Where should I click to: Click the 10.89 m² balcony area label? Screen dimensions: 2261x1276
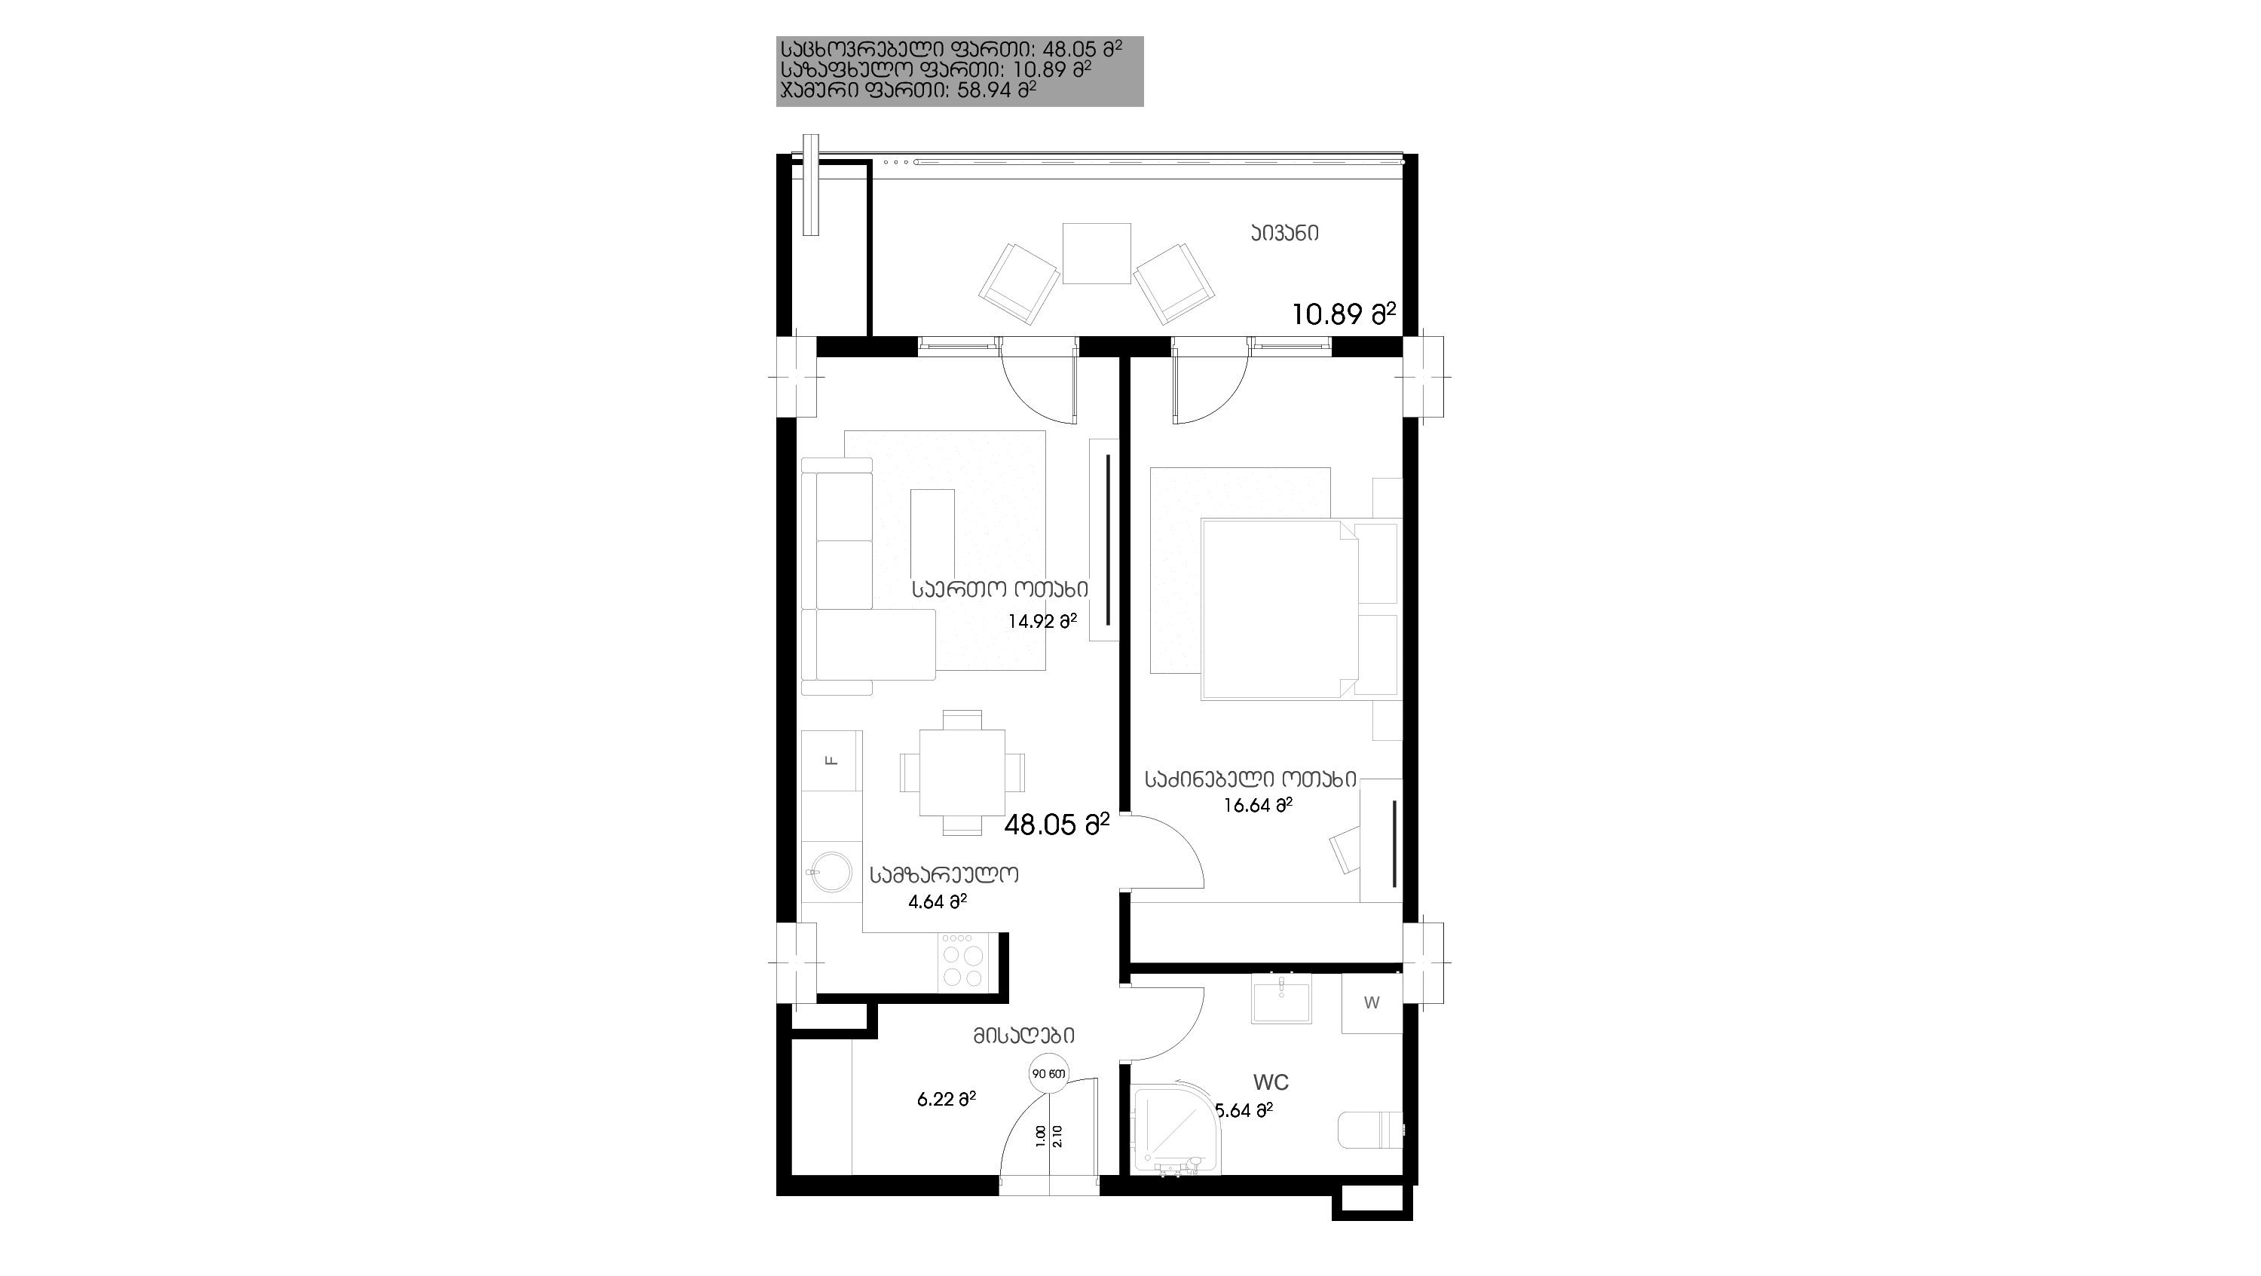click(x=1344, y=314)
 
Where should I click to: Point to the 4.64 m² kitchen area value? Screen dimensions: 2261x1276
click(x=938, y=901)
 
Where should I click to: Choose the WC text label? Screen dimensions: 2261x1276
click(x=1271, y=1082)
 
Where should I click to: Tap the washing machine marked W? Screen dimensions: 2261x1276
click(x=1372, y=1003)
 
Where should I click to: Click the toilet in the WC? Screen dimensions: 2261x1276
click(x=1370, y=1130)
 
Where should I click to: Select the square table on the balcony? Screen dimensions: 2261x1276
click(x=1097, y=254)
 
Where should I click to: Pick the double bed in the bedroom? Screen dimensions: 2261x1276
click(x=1279, y=609)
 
